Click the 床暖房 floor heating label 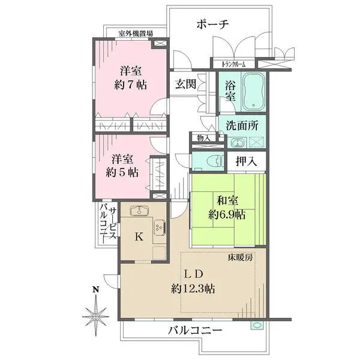pos(239,257)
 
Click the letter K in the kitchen pos(139,236)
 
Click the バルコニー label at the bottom pos(194,331)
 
